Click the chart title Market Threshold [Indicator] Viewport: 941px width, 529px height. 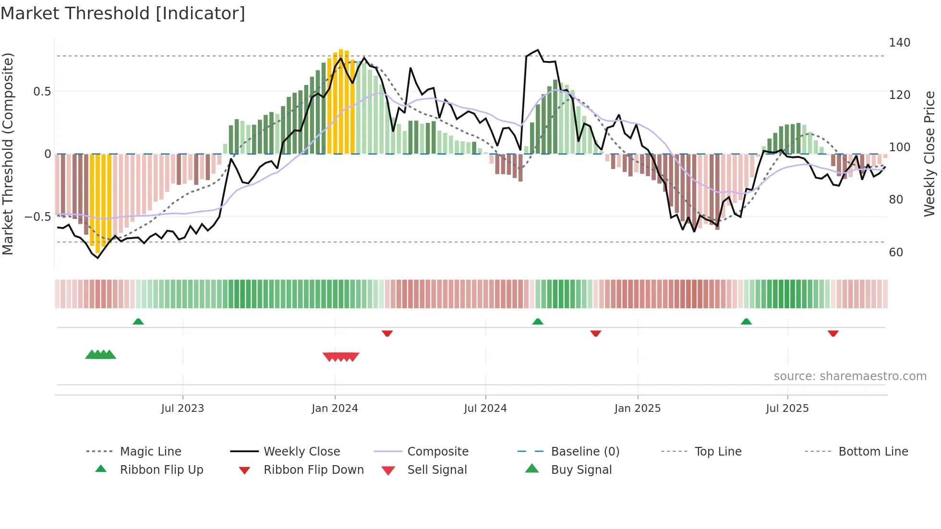click(x=123, y=13)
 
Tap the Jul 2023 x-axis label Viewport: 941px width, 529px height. click(x=182, y=409)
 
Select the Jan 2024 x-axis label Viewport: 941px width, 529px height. click(x=335, y=409)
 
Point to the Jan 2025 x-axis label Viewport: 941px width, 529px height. click(x=638, y=409)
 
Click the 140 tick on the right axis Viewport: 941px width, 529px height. click(x=899, y=43)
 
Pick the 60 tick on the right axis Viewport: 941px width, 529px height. click(x=896, y=252)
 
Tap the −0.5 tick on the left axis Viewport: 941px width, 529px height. click(x=38, y=217)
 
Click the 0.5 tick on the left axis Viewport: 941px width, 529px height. click(x=42, y=92)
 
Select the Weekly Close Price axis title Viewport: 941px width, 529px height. click(x=929, y=154)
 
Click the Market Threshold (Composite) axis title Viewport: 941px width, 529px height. click(x=8, y=154)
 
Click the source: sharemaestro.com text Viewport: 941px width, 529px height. click(x=850, y=376)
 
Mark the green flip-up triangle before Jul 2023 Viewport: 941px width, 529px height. click(x=138, y=321)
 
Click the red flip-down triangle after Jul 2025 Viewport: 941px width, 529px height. click(x=833, y=333)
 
